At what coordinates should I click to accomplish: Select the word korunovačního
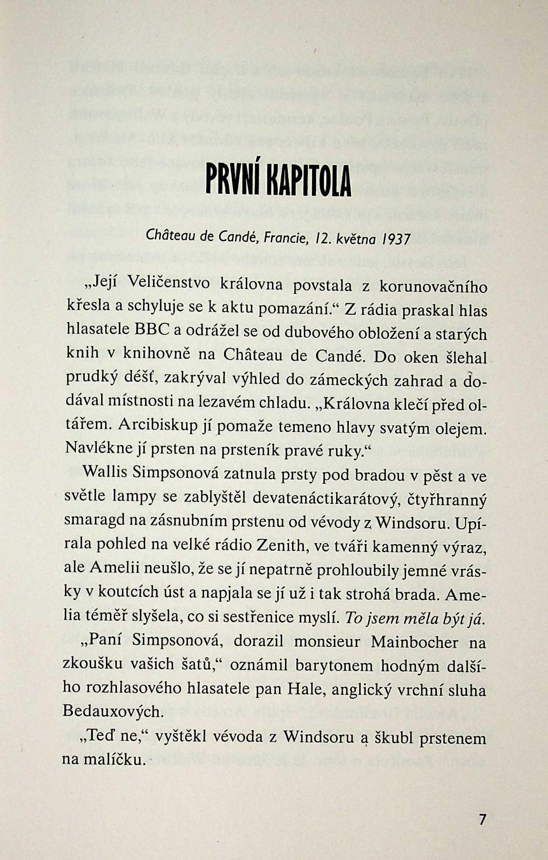click(x=433, y=287)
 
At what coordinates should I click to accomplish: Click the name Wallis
click(x=104, y=472)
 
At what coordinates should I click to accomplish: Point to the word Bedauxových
click(x=112, y=711)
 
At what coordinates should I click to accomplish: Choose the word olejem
click(x=460, y=428)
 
